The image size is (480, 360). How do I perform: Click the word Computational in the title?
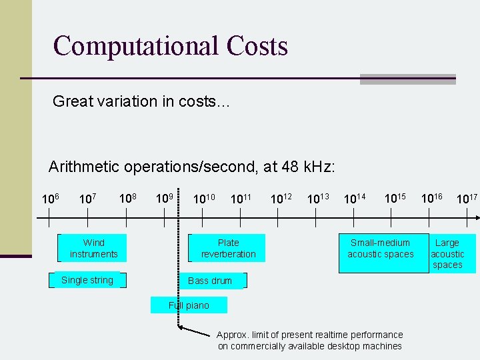[x=135, y=46]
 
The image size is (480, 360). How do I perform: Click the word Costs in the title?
[x=257, y=46]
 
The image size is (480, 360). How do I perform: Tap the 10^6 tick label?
[x=51, y=199]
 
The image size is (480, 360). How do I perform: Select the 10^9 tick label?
[x=165, y=198]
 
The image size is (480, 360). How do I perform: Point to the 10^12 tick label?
[x=281, y=198]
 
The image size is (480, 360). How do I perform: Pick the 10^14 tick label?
[x=354, y=198]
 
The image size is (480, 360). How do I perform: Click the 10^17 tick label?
[x=467, y=198]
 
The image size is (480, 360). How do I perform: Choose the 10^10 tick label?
[x=203, y=198]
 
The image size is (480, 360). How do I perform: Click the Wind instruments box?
[x=93, y=248]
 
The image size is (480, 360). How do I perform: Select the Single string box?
[x=87, y=280]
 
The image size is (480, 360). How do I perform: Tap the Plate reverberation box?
[x=228, y=248]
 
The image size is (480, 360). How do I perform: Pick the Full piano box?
[x=189, y=305]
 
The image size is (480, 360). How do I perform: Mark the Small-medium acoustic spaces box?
[x=381, y=253]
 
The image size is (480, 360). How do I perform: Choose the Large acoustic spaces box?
[x=451, y=253]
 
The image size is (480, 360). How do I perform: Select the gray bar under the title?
[x=407, y=79]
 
